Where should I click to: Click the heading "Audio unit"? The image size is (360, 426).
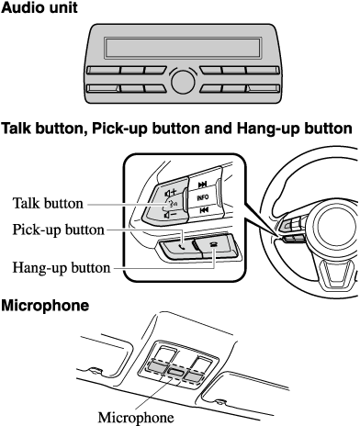[39, 7]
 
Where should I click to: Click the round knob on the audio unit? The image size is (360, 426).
[183, 82]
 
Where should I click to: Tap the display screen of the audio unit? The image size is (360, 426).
[183, 48]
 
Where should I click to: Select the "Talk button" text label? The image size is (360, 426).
[48, 203]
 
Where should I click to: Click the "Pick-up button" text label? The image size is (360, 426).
[58, 230]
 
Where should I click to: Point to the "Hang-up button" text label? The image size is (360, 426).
[62, 267]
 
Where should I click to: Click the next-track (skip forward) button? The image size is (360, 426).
[203, 185]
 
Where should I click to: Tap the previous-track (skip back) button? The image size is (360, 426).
[204, 210]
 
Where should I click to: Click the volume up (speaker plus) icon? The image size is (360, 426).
[171, 193]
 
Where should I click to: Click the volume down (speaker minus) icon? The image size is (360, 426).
[170, 215]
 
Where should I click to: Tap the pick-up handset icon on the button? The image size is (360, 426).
[183, 247]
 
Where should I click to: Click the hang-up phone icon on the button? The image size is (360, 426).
[212, 244]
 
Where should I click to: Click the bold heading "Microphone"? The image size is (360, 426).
[45, 306]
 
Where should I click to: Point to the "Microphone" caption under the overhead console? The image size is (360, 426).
[136, 417]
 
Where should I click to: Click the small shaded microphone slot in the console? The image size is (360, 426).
[175, 373]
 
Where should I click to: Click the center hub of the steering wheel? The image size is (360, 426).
[336, 226]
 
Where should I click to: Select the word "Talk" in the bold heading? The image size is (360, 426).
[17, 129]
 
